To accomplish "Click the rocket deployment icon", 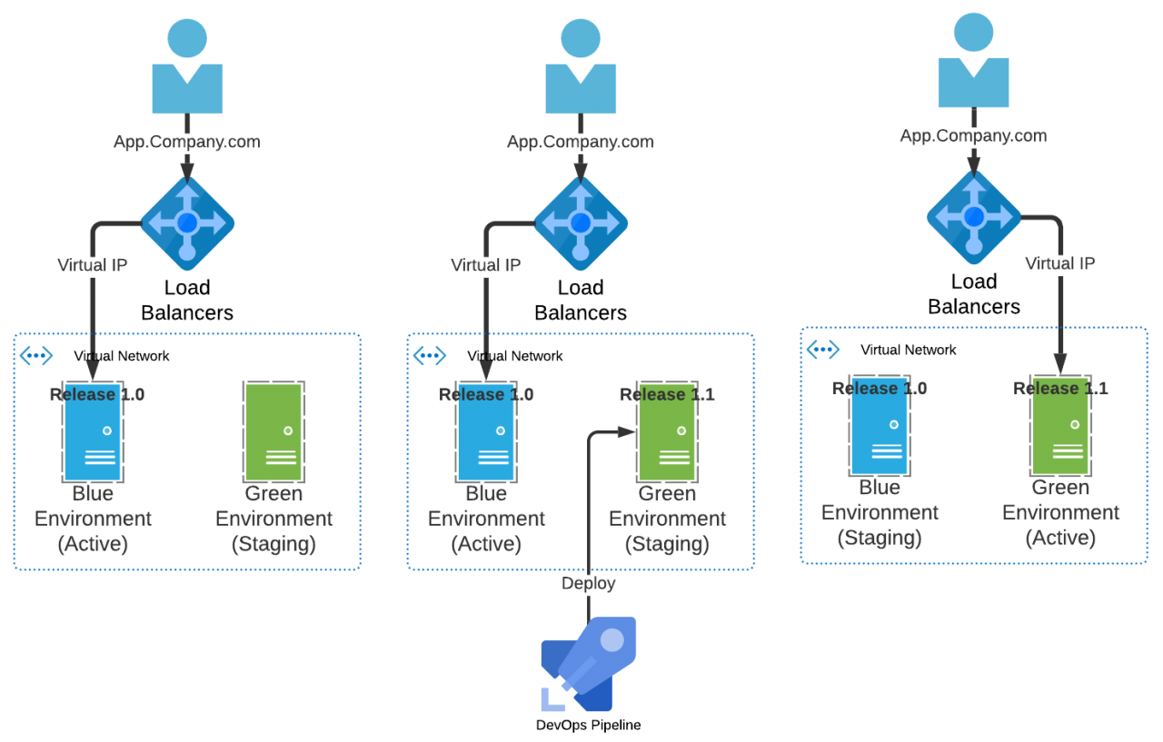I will pos(589,664).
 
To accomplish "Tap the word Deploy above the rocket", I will pos(589,583).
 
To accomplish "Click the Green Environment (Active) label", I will pos(1060,513).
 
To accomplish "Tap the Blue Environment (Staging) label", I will pos(880,513).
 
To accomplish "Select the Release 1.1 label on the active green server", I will pos(1060,389).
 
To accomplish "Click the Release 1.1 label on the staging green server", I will pos(667,394).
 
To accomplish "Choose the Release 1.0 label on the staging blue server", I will pos(880,389).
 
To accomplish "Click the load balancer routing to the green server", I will pos(974,217).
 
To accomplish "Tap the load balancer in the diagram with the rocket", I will pos(581,223).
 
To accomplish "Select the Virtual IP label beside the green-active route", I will pos(1060,264).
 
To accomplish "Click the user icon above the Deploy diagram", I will pos(581,67).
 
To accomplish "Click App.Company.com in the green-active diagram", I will pos(973,136).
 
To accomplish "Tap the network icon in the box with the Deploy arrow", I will pos(430,355).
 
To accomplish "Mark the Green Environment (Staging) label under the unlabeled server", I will pos(274,519).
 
